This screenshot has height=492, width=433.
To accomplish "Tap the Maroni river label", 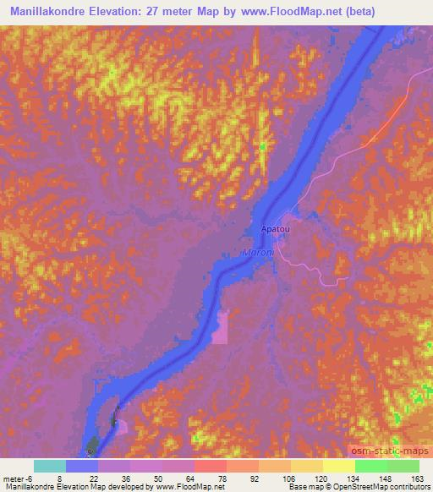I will tap(257, 252).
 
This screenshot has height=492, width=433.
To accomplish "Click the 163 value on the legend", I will tap(418, 478).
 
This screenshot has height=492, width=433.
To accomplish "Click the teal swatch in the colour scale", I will tap(50, 466).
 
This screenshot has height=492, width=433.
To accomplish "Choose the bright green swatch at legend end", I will tap(403, 466).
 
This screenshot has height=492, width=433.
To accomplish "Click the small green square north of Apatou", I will tap(262, 147).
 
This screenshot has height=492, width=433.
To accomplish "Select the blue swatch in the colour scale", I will tap(82, 466).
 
